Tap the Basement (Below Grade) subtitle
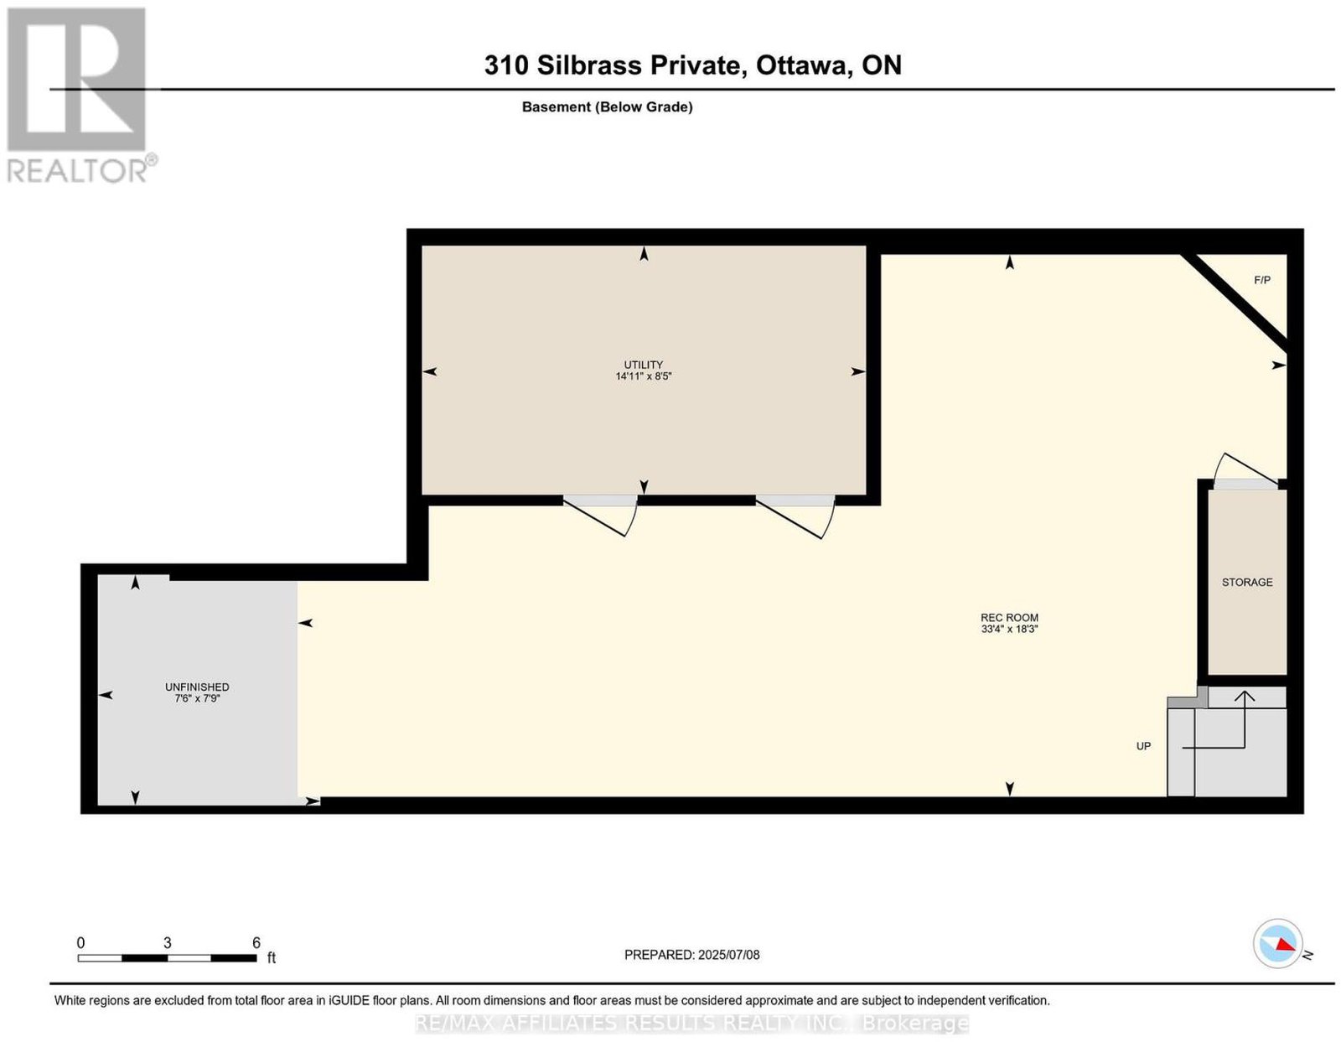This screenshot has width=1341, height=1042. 608,106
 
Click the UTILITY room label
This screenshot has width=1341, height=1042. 643,365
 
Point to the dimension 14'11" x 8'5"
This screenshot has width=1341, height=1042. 643,376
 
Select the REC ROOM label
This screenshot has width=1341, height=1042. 1010,618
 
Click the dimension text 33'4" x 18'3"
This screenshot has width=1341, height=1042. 1010,630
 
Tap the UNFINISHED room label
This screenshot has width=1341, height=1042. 197,687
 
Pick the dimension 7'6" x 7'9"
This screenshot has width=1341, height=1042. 197,698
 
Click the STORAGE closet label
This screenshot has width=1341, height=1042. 1247,582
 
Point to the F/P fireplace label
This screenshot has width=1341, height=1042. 1262,280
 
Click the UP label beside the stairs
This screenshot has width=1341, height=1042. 1143,746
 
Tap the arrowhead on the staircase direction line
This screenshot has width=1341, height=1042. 1244,697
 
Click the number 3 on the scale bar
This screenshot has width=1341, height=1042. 168,943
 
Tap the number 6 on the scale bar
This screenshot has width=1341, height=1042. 256,943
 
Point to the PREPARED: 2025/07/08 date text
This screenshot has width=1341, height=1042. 691,954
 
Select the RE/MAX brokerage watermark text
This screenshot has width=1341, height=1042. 691,1024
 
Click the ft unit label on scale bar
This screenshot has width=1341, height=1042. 271,957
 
